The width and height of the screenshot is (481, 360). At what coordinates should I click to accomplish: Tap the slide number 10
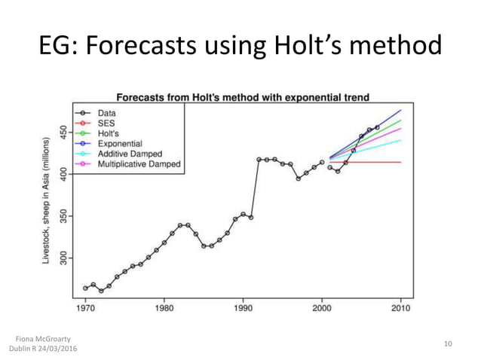point(448,344)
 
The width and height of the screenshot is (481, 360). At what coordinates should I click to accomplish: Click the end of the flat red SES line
point(400,162)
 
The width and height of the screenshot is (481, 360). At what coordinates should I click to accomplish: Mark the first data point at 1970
point(85,288)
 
